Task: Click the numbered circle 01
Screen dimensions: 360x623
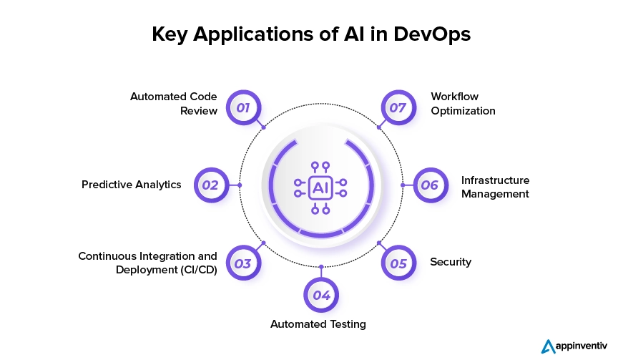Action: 242,108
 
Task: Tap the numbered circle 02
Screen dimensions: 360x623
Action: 210,185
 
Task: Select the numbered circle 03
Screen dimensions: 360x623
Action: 242,263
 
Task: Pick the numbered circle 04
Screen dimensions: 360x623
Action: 321,295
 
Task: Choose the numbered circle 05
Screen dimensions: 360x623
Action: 398,263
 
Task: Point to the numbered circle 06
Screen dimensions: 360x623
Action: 429,185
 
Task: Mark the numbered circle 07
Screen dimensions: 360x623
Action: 398,108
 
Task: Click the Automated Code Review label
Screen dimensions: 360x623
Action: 174,103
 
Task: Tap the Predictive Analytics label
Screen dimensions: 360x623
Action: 132,185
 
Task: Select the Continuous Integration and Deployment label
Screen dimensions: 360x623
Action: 147,263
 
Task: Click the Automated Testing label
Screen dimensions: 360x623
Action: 318,324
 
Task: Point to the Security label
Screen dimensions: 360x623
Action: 451,262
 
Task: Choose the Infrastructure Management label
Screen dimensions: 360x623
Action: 495,187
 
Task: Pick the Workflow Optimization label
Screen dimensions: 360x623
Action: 463,103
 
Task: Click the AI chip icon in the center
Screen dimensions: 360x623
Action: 320,188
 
